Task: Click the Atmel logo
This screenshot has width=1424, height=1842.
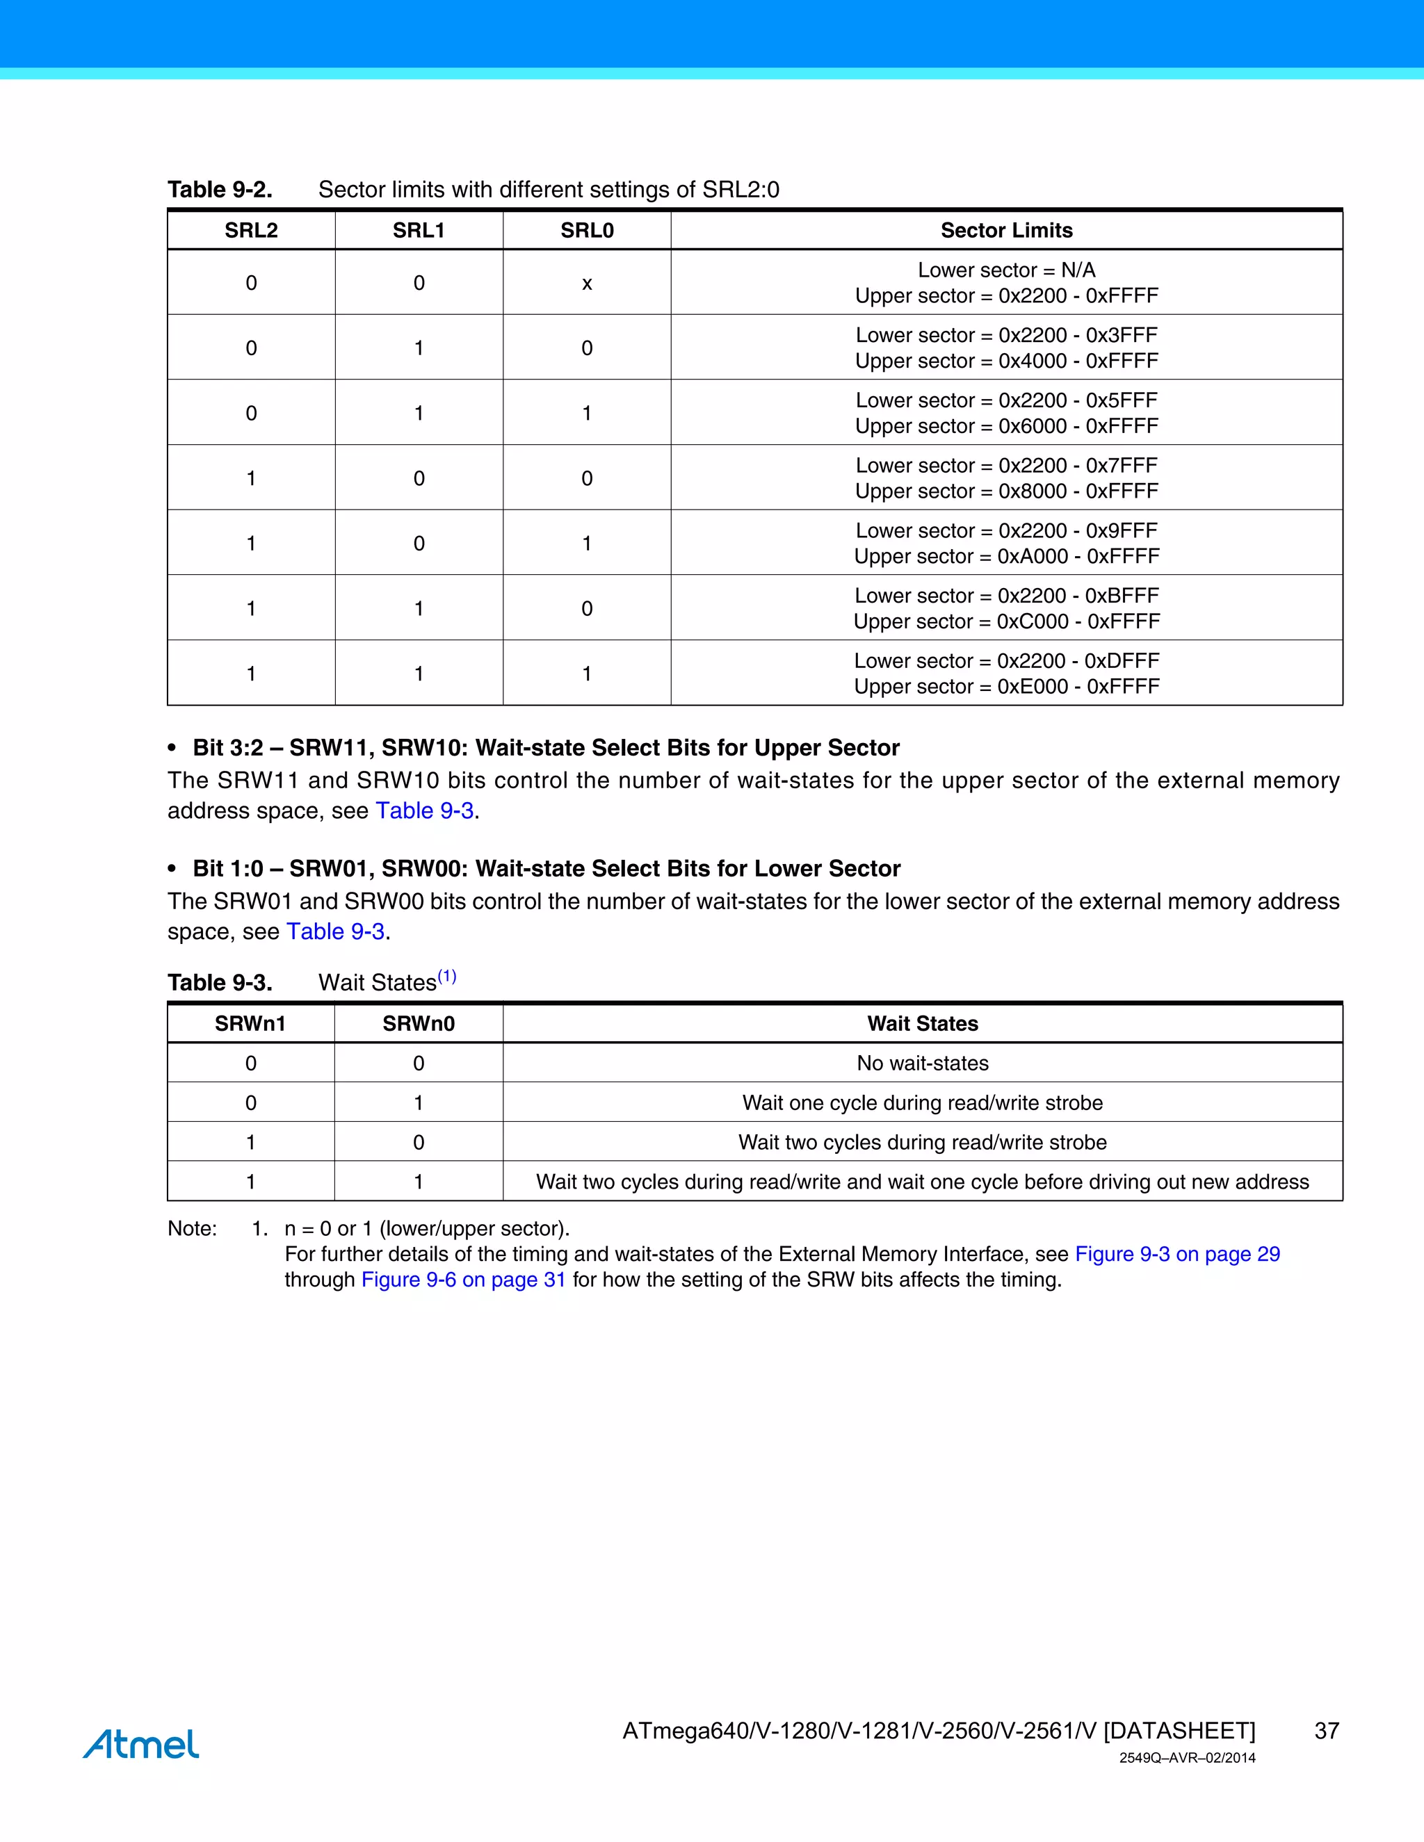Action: tap(141, 1743)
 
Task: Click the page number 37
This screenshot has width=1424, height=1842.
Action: tap(1326, 1731)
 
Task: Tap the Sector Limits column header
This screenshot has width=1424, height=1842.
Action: tap(1006, 230)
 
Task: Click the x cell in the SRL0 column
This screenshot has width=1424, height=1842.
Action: tap(586, 284)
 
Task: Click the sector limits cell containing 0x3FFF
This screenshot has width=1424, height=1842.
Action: tap(1006, 348)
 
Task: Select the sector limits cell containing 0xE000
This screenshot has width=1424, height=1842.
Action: tap(1006, 673)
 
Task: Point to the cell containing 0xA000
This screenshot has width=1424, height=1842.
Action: tap(1006, 543)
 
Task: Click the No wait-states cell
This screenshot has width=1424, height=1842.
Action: tap(922, 1063)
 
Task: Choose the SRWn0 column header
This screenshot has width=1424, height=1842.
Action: tap(419, 1023)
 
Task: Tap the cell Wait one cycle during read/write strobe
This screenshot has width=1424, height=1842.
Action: tap(922, 1102)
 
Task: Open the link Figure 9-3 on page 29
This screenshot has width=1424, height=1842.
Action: tap(1177, 1254)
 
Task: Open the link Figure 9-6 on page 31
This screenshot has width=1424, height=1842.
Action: tap(463, 1280)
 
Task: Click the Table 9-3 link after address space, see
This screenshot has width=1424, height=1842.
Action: tap(424, 810)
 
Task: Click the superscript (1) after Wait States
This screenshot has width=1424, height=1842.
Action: tap(446, 977)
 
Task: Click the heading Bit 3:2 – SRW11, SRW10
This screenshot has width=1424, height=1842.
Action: tap(546, 747)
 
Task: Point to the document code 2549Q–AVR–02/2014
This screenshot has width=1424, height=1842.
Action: tap(1187, 1758)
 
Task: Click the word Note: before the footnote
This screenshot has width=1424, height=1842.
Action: tap(193, 1228)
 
